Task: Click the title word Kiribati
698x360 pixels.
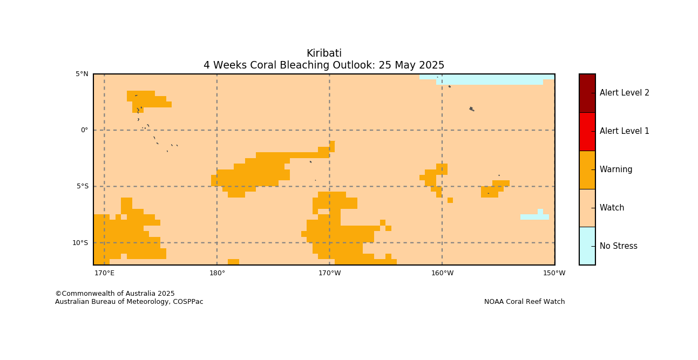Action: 324,53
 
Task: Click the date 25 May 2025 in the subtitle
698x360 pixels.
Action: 411,65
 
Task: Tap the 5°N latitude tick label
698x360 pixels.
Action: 82,74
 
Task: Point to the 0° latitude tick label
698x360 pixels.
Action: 84,130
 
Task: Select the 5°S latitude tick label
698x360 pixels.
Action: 83,186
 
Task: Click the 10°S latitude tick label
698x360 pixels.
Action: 80,242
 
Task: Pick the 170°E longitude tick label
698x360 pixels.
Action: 104,273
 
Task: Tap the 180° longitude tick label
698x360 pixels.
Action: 217,273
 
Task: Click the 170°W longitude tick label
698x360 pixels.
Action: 330,273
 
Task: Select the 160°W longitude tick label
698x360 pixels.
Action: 443,273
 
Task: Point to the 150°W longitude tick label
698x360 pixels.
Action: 554,273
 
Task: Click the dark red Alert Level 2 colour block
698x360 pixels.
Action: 587,93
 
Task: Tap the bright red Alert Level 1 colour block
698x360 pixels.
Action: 587,132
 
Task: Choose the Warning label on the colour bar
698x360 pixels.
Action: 616,169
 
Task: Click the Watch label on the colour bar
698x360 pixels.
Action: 612,208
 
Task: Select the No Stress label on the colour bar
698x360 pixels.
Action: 619,246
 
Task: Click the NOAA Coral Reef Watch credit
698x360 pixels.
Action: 524,302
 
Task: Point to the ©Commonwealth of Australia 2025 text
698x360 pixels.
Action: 115,294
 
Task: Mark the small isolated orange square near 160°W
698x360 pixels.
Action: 450,200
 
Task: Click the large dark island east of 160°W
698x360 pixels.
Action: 472,108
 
